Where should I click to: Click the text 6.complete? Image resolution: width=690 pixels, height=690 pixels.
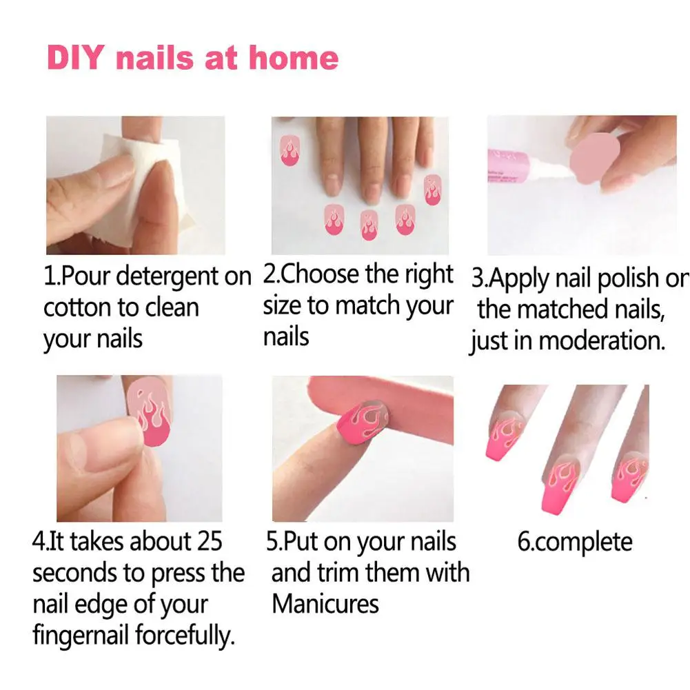pyautogui.click(x=574, y=542)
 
